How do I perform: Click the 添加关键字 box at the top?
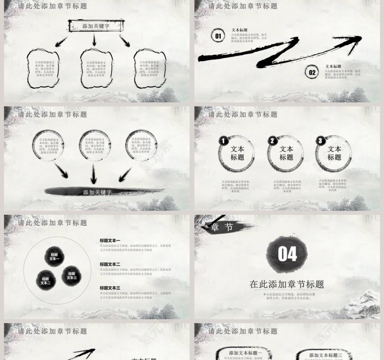pos(96,26)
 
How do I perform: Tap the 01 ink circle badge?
pos(218,36)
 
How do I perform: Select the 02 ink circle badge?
pos(312,72)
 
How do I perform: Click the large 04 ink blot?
pos(287,254)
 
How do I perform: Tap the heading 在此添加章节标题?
pos(287,284)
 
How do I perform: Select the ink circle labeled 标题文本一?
pos(54,257)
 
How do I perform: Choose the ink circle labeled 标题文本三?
pos(71,276)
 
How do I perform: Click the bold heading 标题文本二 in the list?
pos(110,264)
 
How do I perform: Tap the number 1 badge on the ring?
pos(223,141)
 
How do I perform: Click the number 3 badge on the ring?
pos(320,141)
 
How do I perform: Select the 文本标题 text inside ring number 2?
pos(286,153)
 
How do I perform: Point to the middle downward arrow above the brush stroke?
pos(94,174)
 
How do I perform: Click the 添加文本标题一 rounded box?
pos(245,353)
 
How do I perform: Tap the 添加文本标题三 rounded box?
pos(325,355)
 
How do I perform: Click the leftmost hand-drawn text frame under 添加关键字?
pos(43,69)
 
